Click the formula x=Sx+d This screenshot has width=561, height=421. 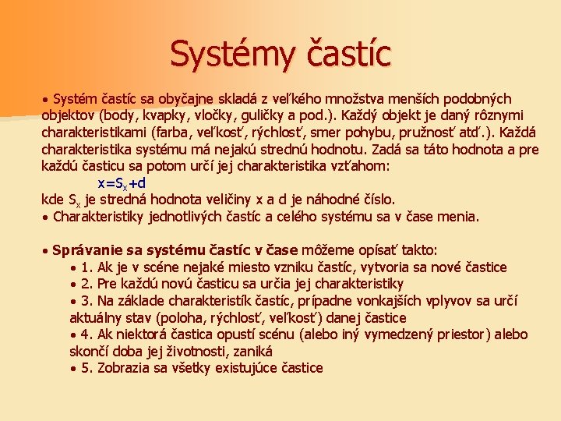(122, 183)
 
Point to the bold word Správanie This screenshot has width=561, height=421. (87, 250)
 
